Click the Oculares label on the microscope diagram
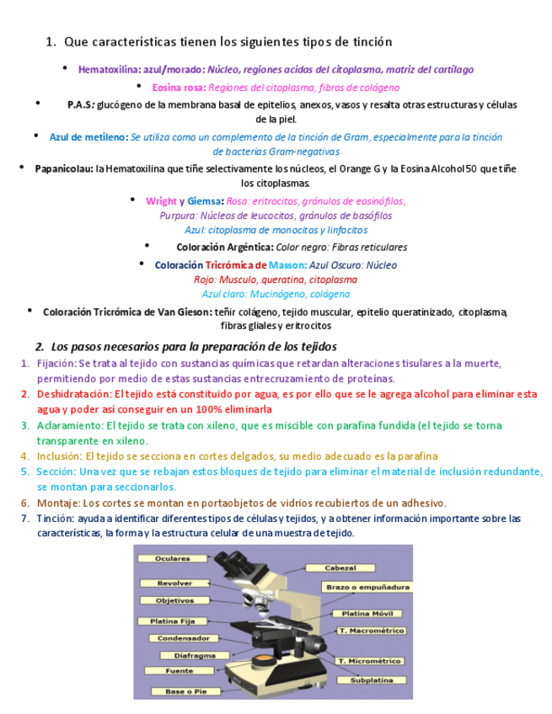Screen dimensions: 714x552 pyautogui.click(x=173, y=558)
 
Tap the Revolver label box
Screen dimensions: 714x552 pyautogui.click(x=174, y=583)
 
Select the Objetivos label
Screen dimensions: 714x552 pyautogui.click(x=174, y=601)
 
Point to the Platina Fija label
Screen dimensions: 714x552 pyautogui.click(x=174, y=621)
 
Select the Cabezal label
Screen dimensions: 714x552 pyautogui.click(x=340, y=568)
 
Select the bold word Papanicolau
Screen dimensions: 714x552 pyautogui.click(x=64, y=169)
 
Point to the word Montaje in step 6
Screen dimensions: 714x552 pyautogui.click(x=56, y=503)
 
